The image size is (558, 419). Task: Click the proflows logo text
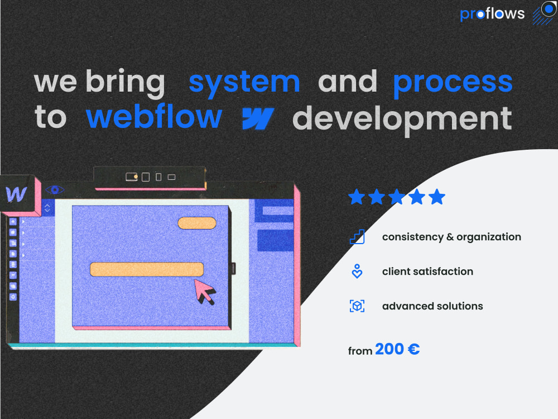[x=492, y=14]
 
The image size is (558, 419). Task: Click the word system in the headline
[x=244, y=82]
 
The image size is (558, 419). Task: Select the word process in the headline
[x=453, y=82]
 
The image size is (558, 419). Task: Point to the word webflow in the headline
[x=154, y=117]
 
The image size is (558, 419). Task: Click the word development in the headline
[x=402, y=118]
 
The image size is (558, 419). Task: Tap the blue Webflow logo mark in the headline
[x=258, y=118]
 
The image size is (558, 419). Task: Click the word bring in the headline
[x=125, y=83]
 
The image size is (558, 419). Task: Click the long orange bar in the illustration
[x=146, y=269]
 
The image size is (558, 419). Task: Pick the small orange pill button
[x=197, y=223]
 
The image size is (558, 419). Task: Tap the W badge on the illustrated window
[x=17, y=194]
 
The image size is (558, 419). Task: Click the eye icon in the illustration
[x=55, y=190]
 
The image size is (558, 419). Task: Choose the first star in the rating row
[x=357, y=197]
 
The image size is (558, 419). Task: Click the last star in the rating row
[x=437, y=197]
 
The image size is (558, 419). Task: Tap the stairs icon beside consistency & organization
[x=357, y=237]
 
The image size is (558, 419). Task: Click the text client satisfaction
[x=427, y=272]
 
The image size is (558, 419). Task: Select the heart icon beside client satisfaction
[x=357, y=272]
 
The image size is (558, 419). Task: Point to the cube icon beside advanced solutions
[x=357, y=306]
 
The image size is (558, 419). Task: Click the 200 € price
[x=397, y=350]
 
